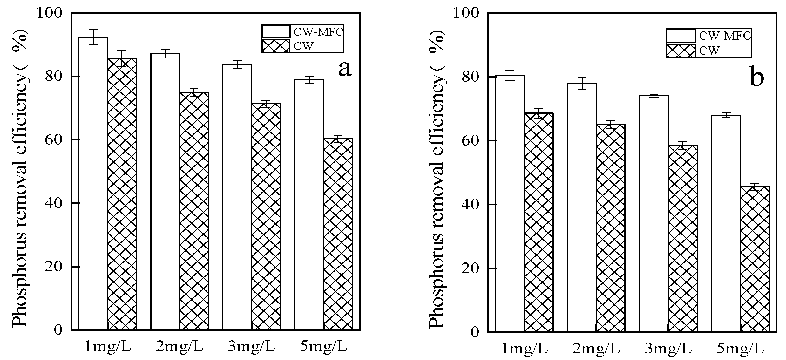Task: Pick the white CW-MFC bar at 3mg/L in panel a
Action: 237,197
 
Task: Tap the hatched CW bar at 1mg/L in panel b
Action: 539,222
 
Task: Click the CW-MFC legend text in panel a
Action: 318,32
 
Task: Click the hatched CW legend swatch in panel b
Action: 681,51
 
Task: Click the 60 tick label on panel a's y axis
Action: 53,140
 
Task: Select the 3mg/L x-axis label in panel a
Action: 251,346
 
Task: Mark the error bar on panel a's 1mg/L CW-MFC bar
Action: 93,37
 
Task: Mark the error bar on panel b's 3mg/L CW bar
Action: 682,146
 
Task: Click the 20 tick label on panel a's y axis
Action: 53,266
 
